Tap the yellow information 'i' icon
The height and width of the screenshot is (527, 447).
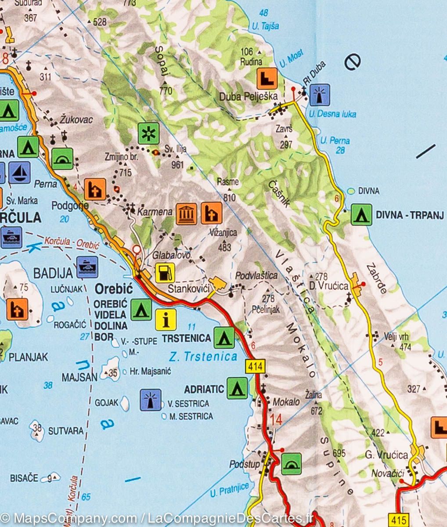pyautogui.click(x=166, y=320)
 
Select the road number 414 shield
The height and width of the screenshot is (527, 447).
pyautogui.click(x=255, y=365)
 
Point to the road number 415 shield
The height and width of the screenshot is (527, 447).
pyautogui.click(x=398, y=519)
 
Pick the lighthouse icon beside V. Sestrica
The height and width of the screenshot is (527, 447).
pyautogui.click(x=151, y=400)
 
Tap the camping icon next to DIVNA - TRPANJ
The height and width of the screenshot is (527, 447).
pyautogui.click(x=361, y=215)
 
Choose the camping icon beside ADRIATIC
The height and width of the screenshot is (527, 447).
pyautogui.click(x=237, y=388)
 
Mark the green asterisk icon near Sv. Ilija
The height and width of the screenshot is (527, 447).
pyautogui.click(x=149, y=134)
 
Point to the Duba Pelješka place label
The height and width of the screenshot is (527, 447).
pyautogui.click(x=249, y=96)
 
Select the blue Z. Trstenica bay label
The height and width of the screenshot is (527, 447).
pyautogui.click(x=203, y=357)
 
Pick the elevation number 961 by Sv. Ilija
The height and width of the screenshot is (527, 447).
pyautogui.click(x=177, y=165)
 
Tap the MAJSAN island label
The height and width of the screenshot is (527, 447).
pyautogui.click(x=79, y=377)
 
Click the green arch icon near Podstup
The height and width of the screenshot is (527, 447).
pyautogui.click(x=291, y=464)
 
